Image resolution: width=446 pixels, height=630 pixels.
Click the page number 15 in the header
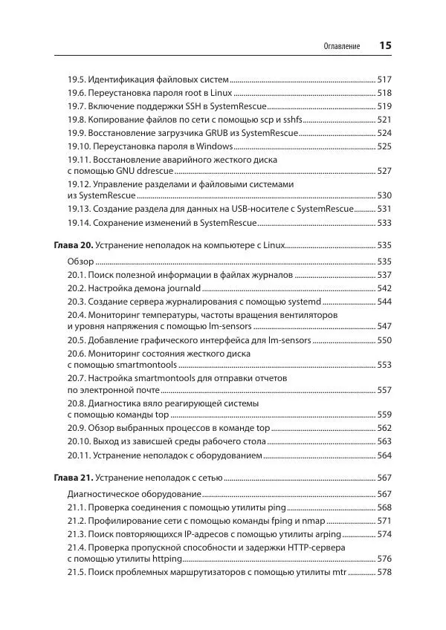point(385,45)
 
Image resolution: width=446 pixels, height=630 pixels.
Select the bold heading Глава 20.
point(74,244)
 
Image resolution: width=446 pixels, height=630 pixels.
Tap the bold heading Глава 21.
point(74,477)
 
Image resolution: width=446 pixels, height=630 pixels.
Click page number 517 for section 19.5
point(384,79)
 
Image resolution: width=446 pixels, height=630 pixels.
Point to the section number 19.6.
point(77,93)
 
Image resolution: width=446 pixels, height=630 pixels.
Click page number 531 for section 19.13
point(384,209)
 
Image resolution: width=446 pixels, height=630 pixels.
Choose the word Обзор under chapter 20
point(80,262)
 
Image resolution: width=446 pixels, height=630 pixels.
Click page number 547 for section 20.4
point(384,326)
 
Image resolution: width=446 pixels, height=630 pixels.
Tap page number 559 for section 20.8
point(384,415)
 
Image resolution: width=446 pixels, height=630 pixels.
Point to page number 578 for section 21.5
point(384,573)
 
